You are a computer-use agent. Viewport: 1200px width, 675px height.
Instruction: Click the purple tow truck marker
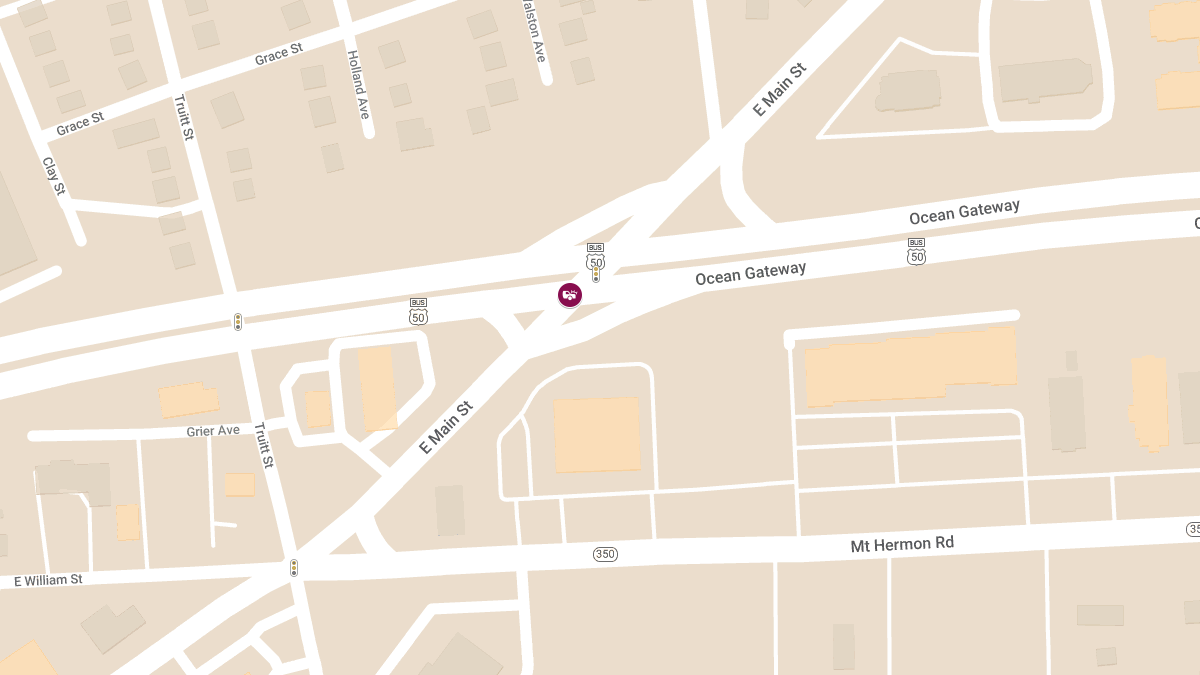click(x=570, y=294)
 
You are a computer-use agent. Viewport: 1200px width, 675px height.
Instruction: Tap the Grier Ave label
click(x=213, y=430)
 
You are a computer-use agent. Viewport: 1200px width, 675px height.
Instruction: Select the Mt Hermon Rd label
click(x=901, y=544)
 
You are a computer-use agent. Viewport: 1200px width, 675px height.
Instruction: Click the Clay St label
click(x=54, y=176)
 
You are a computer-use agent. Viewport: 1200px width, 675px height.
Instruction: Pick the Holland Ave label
click(x=358, y=85)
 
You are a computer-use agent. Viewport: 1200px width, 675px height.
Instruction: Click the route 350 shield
click(x=605, y=554)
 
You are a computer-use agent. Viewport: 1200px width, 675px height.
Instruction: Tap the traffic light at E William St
click(x=294, y=568)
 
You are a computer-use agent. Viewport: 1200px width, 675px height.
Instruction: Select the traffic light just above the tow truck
click(x=596, y=273)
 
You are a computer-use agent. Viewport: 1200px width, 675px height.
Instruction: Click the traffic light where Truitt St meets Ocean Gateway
click(x=238, y=322)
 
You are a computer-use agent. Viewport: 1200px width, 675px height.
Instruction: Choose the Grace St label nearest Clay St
click(x=80, y=124)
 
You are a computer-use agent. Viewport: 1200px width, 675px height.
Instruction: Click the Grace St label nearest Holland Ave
click(x=279, y=53)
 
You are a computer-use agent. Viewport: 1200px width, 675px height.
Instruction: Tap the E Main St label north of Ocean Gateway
click(x=779, y=89)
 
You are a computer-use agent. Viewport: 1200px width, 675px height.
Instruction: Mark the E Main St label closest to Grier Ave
click(x=445, y=428)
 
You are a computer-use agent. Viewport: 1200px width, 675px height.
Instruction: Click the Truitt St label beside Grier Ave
click(x=263, y=445)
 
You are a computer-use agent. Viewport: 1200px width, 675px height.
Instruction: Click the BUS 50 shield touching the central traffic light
click(x=596, y=256)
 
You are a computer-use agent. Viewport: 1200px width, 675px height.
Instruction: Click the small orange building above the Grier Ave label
click(x=188, y=400)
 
